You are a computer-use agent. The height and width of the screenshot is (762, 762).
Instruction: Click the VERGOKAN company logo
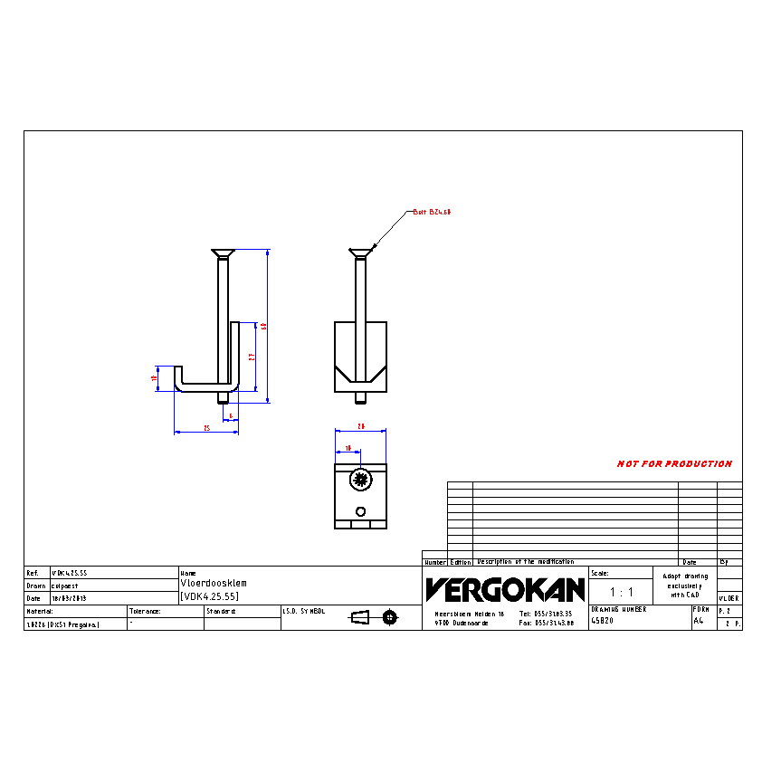(505, 590)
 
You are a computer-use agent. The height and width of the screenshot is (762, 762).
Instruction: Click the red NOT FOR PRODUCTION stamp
(674, 464)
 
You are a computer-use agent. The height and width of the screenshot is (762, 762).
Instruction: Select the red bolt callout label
(432, 212)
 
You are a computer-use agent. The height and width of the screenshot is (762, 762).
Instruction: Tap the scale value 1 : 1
(621, 592)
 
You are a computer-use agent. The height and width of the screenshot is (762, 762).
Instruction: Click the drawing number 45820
(602, 622)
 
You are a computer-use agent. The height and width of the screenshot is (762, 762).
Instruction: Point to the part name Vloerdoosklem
(214, 584)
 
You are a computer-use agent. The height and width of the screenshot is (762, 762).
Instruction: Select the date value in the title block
(69, 598)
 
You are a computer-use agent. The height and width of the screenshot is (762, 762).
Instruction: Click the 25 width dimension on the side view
(206, 428)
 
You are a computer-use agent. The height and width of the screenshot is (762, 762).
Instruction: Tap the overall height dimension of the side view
(263, 326)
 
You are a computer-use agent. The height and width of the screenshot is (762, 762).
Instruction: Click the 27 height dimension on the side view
(252, 357)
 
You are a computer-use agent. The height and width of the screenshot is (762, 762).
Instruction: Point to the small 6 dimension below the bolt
(232, 416)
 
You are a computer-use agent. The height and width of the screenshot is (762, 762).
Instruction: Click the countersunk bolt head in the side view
(223, 252)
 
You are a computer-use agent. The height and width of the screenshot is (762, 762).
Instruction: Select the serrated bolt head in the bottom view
(360, 479)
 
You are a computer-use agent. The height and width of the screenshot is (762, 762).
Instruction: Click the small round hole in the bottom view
(361, 510)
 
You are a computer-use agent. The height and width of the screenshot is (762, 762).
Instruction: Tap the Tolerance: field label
(145, 612)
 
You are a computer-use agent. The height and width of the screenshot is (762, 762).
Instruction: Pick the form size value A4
(698, 622)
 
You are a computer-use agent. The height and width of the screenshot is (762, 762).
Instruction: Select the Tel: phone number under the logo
(547, 614)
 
